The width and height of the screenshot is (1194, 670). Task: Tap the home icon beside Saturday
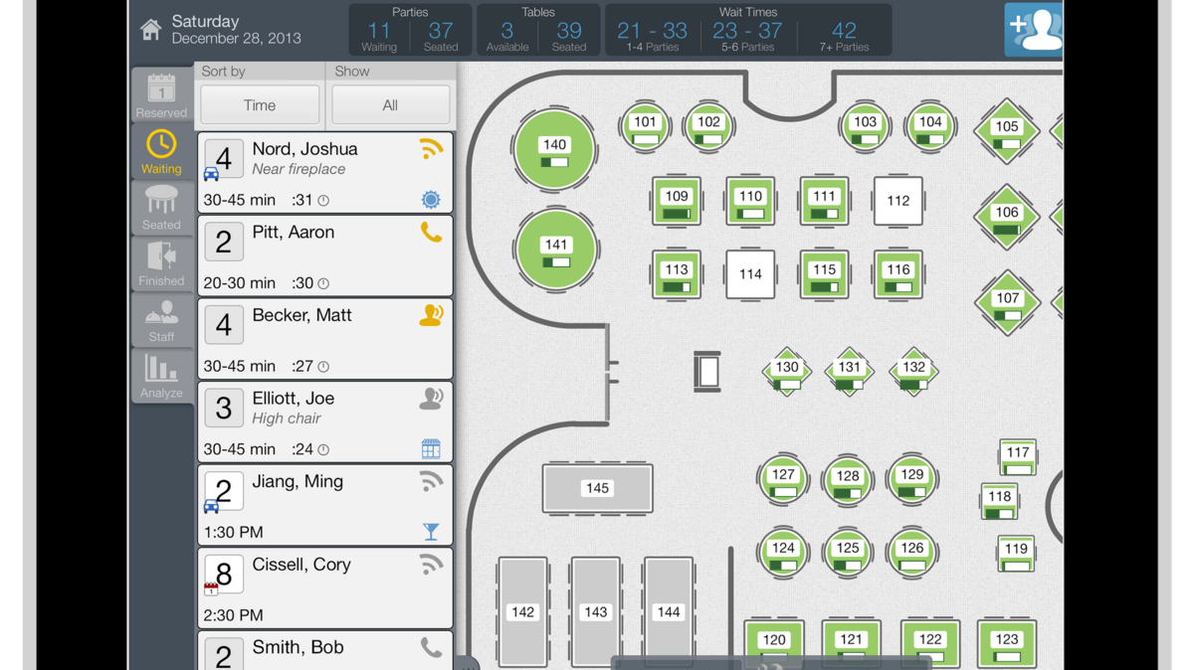click(150, 30)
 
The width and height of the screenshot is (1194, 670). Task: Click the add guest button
click(1034, 30)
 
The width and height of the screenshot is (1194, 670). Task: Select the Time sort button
click(260, 105)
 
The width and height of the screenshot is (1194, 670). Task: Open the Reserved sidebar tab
click(161, 95)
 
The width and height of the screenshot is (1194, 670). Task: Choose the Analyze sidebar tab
click(161, 376)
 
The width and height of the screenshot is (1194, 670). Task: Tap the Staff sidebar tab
click(161, 320)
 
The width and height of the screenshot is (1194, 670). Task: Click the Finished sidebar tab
click(161, 263)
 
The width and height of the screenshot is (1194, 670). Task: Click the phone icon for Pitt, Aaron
click(431, 233)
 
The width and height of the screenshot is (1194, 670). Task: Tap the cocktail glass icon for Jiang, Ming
click(431, 532)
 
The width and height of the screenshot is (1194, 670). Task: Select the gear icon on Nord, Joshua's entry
click(431, 200)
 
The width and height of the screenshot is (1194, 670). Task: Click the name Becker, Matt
click(301, 316)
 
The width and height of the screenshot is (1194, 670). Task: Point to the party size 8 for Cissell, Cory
click(224, 574)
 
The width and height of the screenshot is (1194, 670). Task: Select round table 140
click(554, 149)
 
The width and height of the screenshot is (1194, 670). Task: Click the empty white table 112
click(897, 201)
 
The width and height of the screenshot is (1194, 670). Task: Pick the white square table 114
click(750, 274)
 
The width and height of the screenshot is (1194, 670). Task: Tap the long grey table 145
click(597, 488)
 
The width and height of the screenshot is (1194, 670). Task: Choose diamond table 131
click(849, 371)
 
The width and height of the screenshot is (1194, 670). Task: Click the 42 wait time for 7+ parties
click(844, 32)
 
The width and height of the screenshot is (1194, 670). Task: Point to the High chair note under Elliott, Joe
click(286, 419)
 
